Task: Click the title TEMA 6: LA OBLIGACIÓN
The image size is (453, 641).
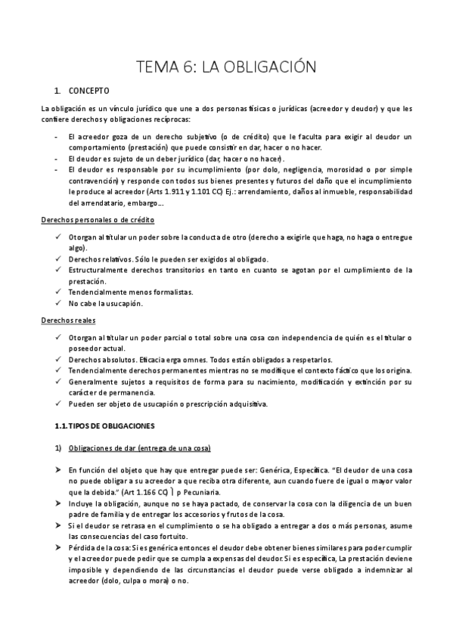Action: (226, 67)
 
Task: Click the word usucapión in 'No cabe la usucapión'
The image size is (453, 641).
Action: (124, 303)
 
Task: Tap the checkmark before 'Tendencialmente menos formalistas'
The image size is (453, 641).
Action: (59, 292)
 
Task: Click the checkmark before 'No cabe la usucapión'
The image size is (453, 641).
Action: (59, 303)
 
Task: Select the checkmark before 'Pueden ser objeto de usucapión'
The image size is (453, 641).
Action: (59, 404)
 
